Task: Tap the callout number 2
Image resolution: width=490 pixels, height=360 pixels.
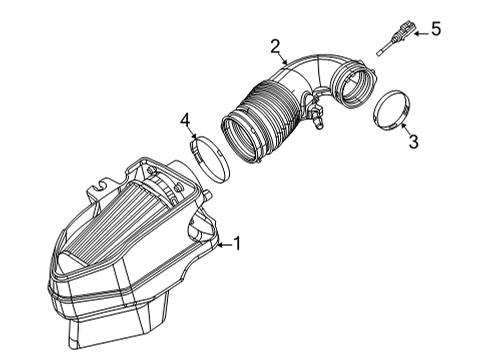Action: [274, 45]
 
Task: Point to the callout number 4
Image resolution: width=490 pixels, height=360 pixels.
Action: [185, 121]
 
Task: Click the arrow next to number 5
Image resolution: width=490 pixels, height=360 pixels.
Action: [418, 33]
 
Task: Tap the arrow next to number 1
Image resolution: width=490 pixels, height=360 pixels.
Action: [222, 242]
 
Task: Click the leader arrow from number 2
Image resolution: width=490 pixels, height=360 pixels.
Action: [284, 62]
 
